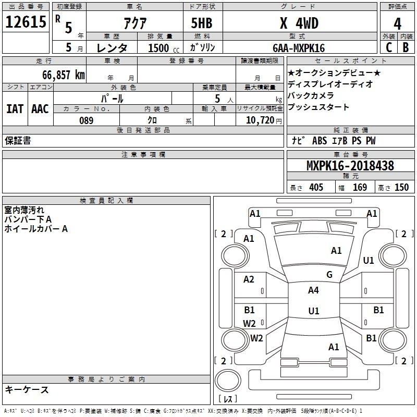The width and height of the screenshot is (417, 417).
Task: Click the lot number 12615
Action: pyautogui.click(x=26, y=23)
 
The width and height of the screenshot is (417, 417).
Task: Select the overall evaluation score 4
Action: pyautogui.click(x=398, y=23)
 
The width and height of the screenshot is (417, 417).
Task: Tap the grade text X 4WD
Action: pyautogui.click(x=299, y=23)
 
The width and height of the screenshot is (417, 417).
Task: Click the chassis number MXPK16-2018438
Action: pyautogui.click(x=350, y=166)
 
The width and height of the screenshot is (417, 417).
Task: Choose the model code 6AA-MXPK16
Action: pyautogui.click(x=299, y=48)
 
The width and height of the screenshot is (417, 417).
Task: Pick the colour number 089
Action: pyautogui.click(x=86, y=120)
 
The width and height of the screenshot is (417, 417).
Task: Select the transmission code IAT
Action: pyautogui.click(x=15, y=109)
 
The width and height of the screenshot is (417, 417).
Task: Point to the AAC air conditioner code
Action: pyautogui.click(x=40, y=109)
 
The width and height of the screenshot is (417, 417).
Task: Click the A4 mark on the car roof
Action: pyautogui.click(x=313, y=290)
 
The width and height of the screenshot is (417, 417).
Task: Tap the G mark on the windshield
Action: pyautogui.click(x=329, y=275)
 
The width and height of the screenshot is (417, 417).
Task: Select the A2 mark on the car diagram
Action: pyautogui.click(x=249, y=279)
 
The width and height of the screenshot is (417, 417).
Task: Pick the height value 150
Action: pyautogui.click(x=401, y=188)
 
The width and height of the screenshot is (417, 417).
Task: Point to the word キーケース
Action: pyautogui.click(x=27, y=389)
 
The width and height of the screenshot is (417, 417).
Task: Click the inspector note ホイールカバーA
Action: pyautogui.click(x=36, y=228)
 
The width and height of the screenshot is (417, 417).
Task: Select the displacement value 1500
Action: pyautogui.click(x=158, y=48)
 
